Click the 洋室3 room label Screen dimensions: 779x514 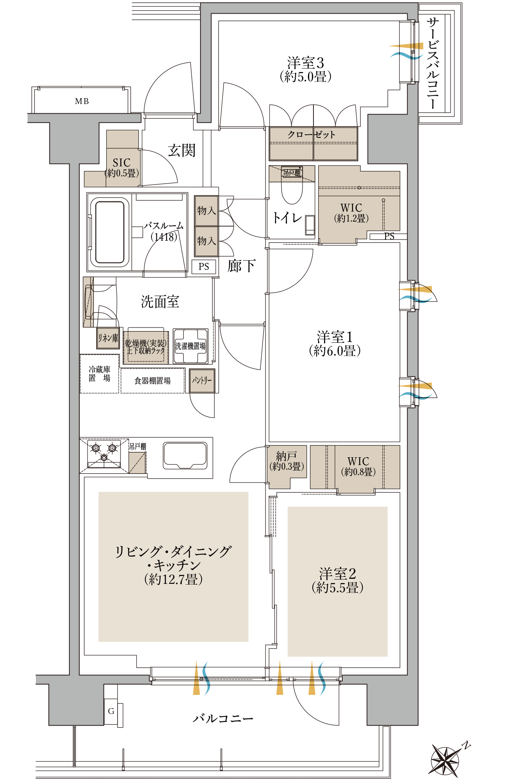tap(306, 69)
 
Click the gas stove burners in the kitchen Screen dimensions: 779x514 tap(104, 453)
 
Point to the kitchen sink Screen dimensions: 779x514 tap(185, 455)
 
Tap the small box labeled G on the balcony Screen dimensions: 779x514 tap(111, 711)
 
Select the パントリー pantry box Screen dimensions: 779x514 tap(202, 381)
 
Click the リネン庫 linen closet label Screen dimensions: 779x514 tap(108, 338)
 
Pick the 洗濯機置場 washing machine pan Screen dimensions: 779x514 tap(190, 345)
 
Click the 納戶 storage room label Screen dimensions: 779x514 tap(287, 461)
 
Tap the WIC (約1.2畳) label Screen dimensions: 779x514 tap(351, 213)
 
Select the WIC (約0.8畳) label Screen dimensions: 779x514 tap(358, 466)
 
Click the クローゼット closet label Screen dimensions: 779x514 tap(312, 135)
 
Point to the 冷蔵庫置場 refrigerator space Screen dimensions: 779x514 tap(99, 374)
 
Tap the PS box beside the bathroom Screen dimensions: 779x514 tap(204, 267)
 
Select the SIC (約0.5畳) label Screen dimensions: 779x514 tap(121, 167)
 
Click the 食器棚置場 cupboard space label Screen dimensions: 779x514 tap(153, 381)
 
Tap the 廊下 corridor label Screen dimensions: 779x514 tap(241, 266)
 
